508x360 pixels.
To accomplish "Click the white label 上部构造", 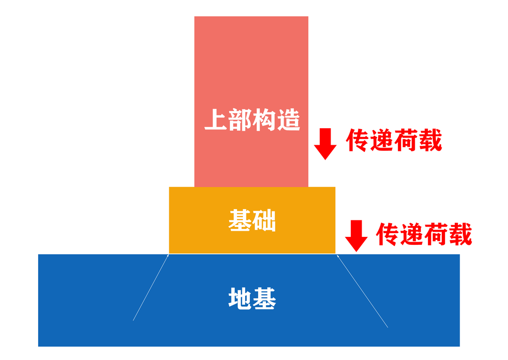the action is click(x=252, y=120).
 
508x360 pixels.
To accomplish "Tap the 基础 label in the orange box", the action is click(x=252, y=220).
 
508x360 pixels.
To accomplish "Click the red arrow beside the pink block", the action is click(x=325, y=143).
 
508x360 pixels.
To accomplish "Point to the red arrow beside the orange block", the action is click(x=356, y=235).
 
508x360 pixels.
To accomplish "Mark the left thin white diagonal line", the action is click(x=151, y=288).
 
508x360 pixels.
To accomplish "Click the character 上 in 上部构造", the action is click(x=216, y=120).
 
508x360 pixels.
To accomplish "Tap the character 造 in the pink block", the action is click(x=288, y=120).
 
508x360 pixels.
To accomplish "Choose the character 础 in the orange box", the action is click(x=264, y=220).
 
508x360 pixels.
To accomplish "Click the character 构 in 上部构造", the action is click(x=264, y=120).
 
